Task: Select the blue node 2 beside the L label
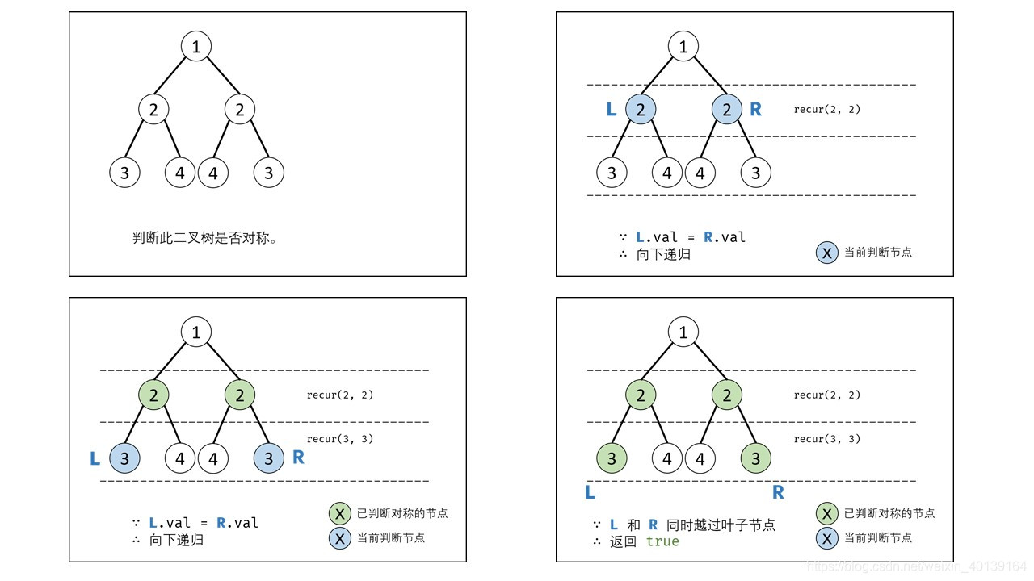pos(641,110)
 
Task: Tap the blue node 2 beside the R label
pos(727,110)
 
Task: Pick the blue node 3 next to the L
pos(124,458)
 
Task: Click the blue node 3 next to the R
pos(268,458)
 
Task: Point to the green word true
pos(662,541)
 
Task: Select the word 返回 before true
pos(623,541)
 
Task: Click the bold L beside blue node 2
pos(612,110)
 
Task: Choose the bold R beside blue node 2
pos(756,110)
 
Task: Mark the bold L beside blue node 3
pos(95,459)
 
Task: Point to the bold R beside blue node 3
pos(298,458)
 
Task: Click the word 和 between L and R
pos(633,525)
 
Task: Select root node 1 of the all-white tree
pos(196,46)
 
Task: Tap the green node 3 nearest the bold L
pos(612,458)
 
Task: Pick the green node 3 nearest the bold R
pos(756,458)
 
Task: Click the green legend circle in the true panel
pos(826,513)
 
